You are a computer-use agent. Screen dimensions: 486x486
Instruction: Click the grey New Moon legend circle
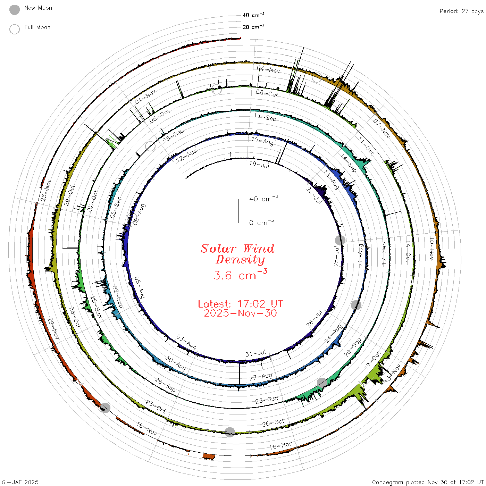[x=14, y=10]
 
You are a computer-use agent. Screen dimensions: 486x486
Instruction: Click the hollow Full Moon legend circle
[x=14, y=29]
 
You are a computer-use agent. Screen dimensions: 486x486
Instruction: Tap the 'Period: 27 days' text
[x=462, y=11]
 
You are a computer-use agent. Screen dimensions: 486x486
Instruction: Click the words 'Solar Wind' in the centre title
[x=237, y=249]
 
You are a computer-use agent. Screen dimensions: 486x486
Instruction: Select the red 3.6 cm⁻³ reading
[x=240, y=275]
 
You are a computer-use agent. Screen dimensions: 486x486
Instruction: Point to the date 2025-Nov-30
[x=240, y=313]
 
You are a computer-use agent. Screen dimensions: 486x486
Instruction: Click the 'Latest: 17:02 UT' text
[x=240, y=304]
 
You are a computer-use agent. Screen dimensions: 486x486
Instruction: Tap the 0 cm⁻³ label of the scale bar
[x=261, y=223]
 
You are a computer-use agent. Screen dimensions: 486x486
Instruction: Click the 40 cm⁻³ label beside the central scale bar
[x=264, y=199]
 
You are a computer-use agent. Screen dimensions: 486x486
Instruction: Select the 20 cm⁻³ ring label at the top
[x=253, y=26]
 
